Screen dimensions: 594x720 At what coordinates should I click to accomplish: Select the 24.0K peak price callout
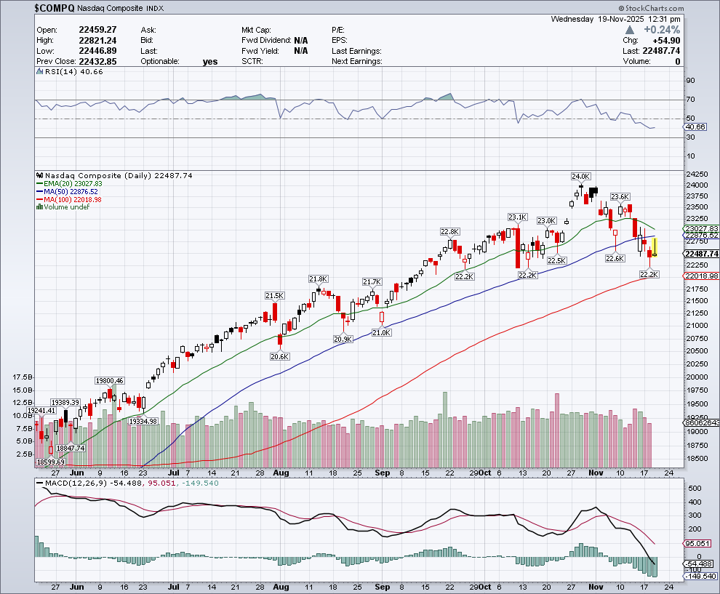(x=580, y=176)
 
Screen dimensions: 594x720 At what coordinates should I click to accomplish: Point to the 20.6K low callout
(x=279, y=356)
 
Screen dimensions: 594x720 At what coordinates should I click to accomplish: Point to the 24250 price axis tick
(x=699, y=174)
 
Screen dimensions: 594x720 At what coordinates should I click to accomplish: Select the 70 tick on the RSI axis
(x=690, y=100)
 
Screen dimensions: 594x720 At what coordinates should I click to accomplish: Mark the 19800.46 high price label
(x=110, y=380)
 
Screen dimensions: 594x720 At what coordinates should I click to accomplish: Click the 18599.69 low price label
(x=49, y=462)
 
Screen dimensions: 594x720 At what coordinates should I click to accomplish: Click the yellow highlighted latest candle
(x=655, y=246)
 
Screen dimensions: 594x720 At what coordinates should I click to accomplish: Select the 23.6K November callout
(x=620, y=196)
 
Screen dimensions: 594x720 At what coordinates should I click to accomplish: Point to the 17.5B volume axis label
(x=22, y=377)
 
